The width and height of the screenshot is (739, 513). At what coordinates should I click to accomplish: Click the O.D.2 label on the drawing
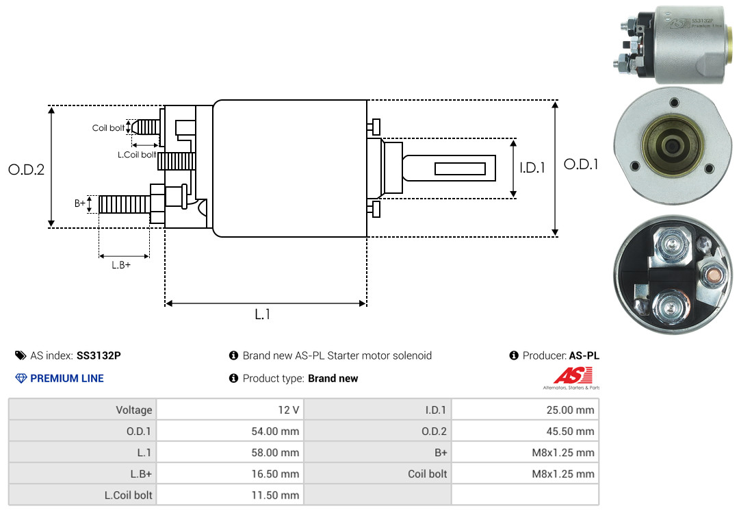click(27, 169)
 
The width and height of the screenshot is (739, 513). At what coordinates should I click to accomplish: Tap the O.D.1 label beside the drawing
click(581, 164)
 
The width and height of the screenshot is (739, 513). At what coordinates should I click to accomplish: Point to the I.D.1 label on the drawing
click(532, 168)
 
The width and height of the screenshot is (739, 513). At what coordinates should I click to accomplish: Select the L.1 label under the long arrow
click(263, 314)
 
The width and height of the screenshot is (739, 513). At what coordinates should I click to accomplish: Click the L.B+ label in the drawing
click(121, 265)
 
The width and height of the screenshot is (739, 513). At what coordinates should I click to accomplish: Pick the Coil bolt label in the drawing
click(108, 128)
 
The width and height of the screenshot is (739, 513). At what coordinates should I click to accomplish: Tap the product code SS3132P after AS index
click(99, 355)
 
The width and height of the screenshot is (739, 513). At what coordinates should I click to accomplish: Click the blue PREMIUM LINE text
click(67, 379)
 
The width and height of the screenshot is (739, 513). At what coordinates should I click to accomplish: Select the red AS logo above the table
click(573, 375)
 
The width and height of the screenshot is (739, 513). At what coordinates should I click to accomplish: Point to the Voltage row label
click(134, 410)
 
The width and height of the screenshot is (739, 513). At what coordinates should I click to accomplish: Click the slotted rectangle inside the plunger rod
click(460, 168)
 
